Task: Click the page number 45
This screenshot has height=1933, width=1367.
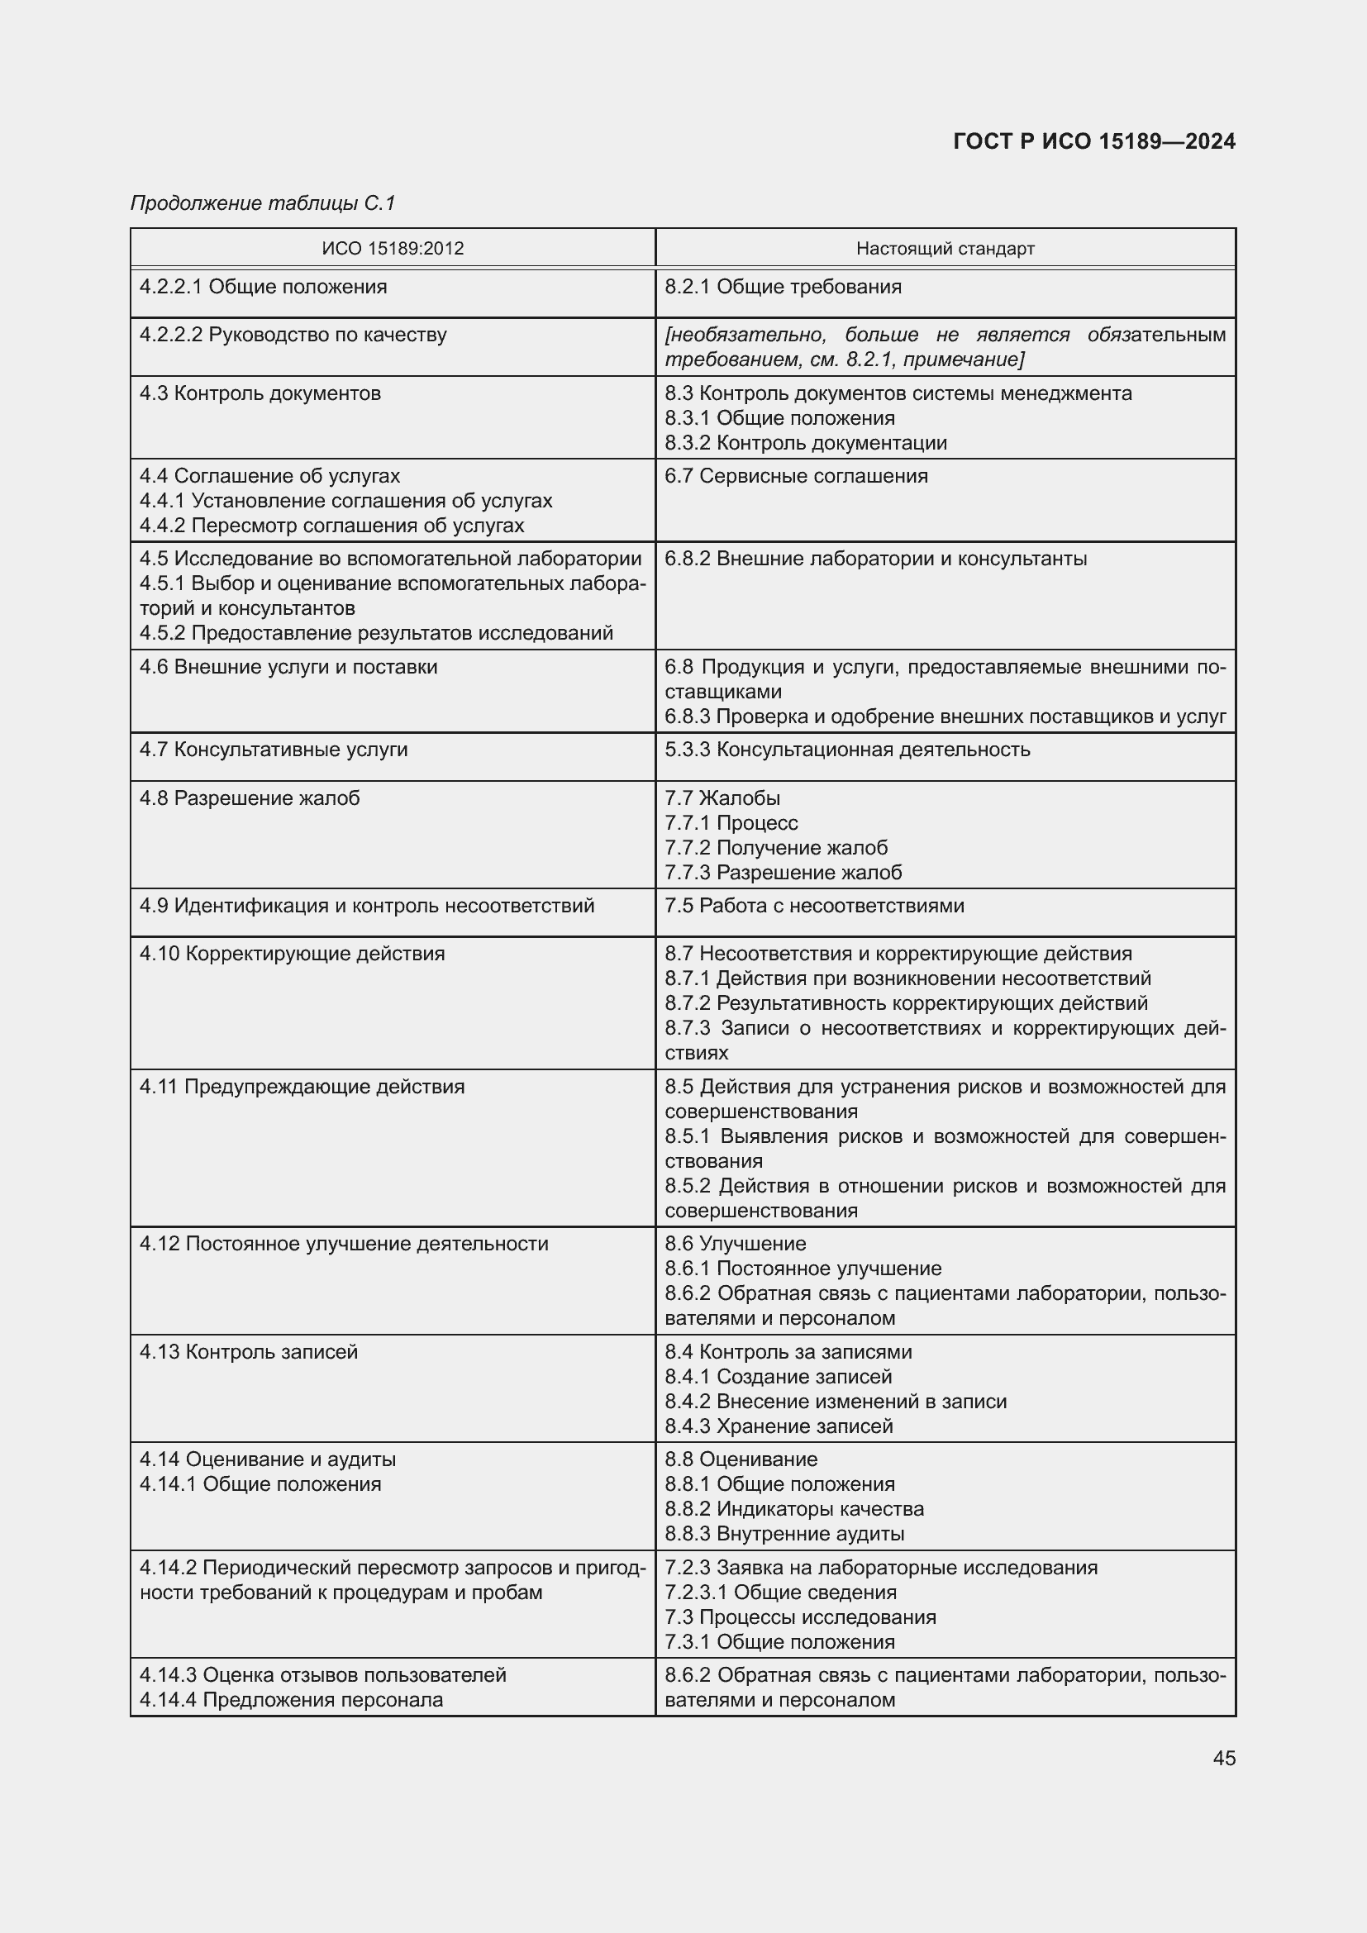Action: coord(1224,1759)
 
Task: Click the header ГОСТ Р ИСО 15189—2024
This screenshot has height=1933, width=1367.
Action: coord(1094,141)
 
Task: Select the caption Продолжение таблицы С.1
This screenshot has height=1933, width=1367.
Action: coord(263,203)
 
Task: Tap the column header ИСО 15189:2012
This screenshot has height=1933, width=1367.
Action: coord(393,249)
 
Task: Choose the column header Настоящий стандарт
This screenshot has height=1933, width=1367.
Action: coord(945,249)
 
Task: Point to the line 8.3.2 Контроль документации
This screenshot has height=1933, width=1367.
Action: coord(806,443)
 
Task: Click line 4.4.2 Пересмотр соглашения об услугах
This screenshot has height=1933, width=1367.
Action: coord(331,526)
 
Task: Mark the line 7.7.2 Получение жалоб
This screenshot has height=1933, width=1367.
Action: coord(776,848)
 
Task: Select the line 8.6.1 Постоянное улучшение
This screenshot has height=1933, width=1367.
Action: coord(803,1268)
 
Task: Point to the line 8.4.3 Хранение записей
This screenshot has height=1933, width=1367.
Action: coord(779,1426)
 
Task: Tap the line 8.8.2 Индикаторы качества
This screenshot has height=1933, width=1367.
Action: coord(793,1509)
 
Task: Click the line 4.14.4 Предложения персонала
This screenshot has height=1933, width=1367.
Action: coord(291,1700)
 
